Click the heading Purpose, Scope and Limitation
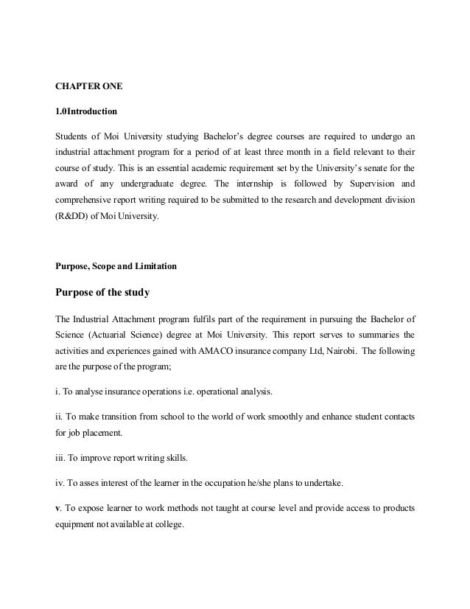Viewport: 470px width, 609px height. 122,265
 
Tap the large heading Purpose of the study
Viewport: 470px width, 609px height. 103,293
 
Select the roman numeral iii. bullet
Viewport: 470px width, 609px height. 62,458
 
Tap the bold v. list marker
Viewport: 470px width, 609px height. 59,509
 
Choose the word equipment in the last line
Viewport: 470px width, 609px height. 80,526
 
